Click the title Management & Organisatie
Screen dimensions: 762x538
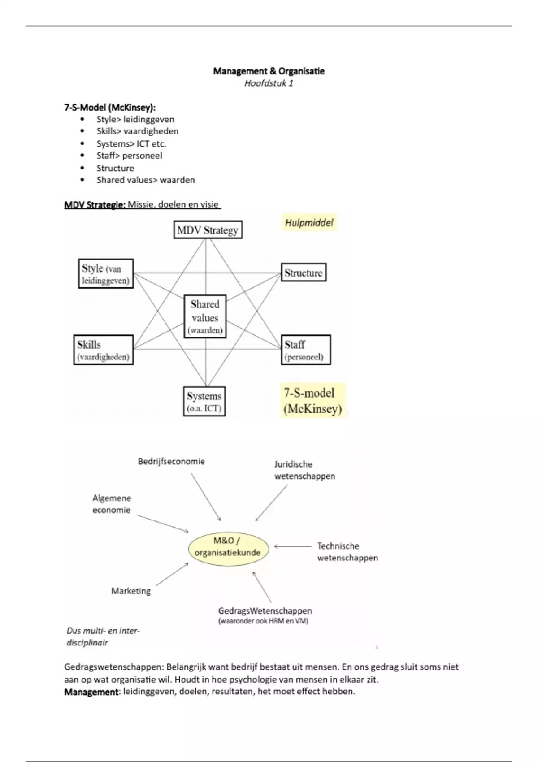269,71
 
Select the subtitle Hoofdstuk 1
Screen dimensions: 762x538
269,83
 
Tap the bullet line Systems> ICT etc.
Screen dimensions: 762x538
131,144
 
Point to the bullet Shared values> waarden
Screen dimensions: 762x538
145,180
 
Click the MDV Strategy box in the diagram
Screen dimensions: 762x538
208,230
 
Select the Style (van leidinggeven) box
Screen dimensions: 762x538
106,274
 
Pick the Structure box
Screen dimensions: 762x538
304,273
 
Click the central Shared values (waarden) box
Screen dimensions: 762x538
205,317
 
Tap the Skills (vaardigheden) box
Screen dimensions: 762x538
104,350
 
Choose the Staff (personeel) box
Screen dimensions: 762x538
305,350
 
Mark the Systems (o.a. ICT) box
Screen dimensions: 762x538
204,402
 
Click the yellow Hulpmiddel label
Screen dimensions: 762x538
309,223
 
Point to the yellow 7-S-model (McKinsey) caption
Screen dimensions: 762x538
312,401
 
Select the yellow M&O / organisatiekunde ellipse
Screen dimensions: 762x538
228,547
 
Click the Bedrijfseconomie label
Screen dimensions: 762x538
171,461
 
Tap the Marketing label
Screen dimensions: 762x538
131,591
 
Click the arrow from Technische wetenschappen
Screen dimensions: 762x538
292,546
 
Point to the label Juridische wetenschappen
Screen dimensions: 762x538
304,470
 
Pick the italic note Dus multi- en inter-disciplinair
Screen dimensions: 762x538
103,636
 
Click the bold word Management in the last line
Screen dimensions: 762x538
91,692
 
